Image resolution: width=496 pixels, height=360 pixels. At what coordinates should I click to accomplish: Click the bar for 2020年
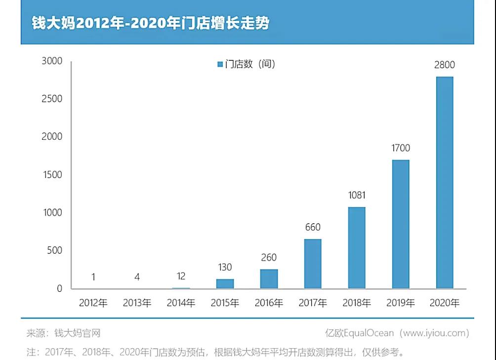click(445, 182)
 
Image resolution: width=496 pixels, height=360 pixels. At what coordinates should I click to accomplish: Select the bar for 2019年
click(401, 224)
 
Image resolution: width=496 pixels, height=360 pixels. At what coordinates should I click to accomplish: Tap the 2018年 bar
click(357, 247)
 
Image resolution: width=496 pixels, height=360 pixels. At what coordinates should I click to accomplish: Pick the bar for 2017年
click(313, 264)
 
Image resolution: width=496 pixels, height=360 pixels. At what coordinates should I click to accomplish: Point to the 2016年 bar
click(269, 279)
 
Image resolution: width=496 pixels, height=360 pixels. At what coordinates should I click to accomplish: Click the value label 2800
click(445, 65)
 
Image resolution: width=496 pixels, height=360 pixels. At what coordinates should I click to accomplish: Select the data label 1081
click(357, 195)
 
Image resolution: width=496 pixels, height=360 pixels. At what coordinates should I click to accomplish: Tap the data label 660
click(313, 227)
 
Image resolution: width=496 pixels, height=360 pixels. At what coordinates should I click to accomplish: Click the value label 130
click(225, 267)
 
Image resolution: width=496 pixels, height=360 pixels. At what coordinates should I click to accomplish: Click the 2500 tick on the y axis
click(52, 99)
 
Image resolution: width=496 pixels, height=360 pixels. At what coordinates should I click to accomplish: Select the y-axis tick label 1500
click(52, 175)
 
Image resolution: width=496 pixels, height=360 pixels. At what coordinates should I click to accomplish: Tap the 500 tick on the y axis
click(55, 250)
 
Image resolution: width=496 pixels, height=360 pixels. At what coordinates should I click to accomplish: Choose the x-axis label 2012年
click(93, 303)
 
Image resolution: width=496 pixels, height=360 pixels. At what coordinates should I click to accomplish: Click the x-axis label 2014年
click(181, 303)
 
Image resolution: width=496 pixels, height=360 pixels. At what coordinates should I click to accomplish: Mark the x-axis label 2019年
click(401, 303)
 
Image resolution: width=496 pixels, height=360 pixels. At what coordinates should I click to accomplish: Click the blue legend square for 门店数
click(220, 64)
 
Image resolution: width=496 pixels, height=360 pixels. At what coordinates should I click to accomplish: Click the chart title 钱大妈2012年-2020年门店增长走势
click(150, 23)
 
